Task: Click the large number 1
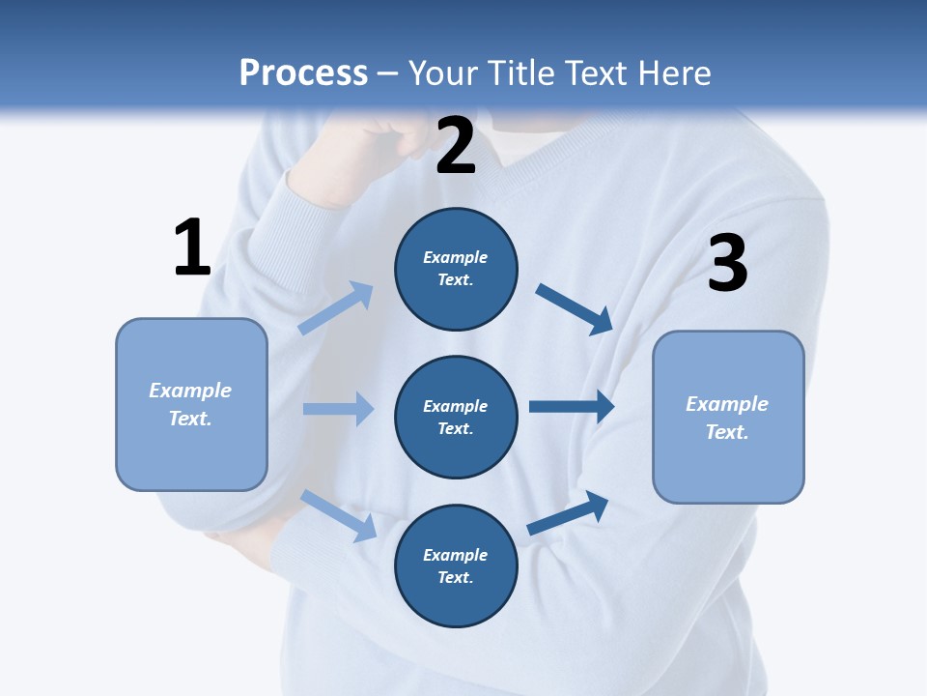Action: [192, 247]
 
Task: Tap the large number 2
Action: [456, 146]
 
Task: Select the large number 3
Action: [727, 263]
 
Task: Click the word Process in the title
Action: [303, 72]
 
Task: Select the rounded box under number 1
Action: [191, 404]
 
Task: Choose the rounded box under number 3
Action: [728, 417]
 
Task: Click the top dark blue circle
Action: [456, 269]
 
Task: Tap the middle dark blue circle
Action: [456, 417]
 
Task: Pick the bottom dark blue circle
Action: [456, 565]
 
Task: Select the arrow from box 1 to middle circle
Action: [338, 409]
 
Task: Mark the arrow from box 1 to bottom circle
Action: [339, 515]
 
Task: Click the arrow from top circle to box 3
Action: [575, 308]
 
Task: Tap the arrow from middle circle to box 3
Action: [572, 406]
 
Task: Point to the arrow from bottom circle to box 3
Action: [569, 512]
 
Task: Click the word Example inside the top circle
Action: [456, 257]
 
